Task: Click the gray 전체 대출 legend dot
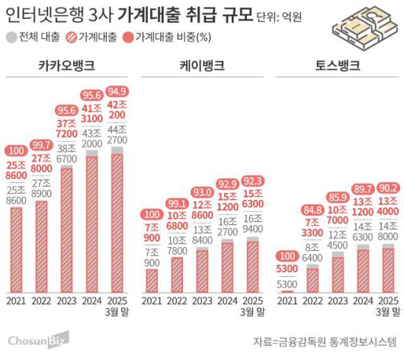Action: tap(11, 38)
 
